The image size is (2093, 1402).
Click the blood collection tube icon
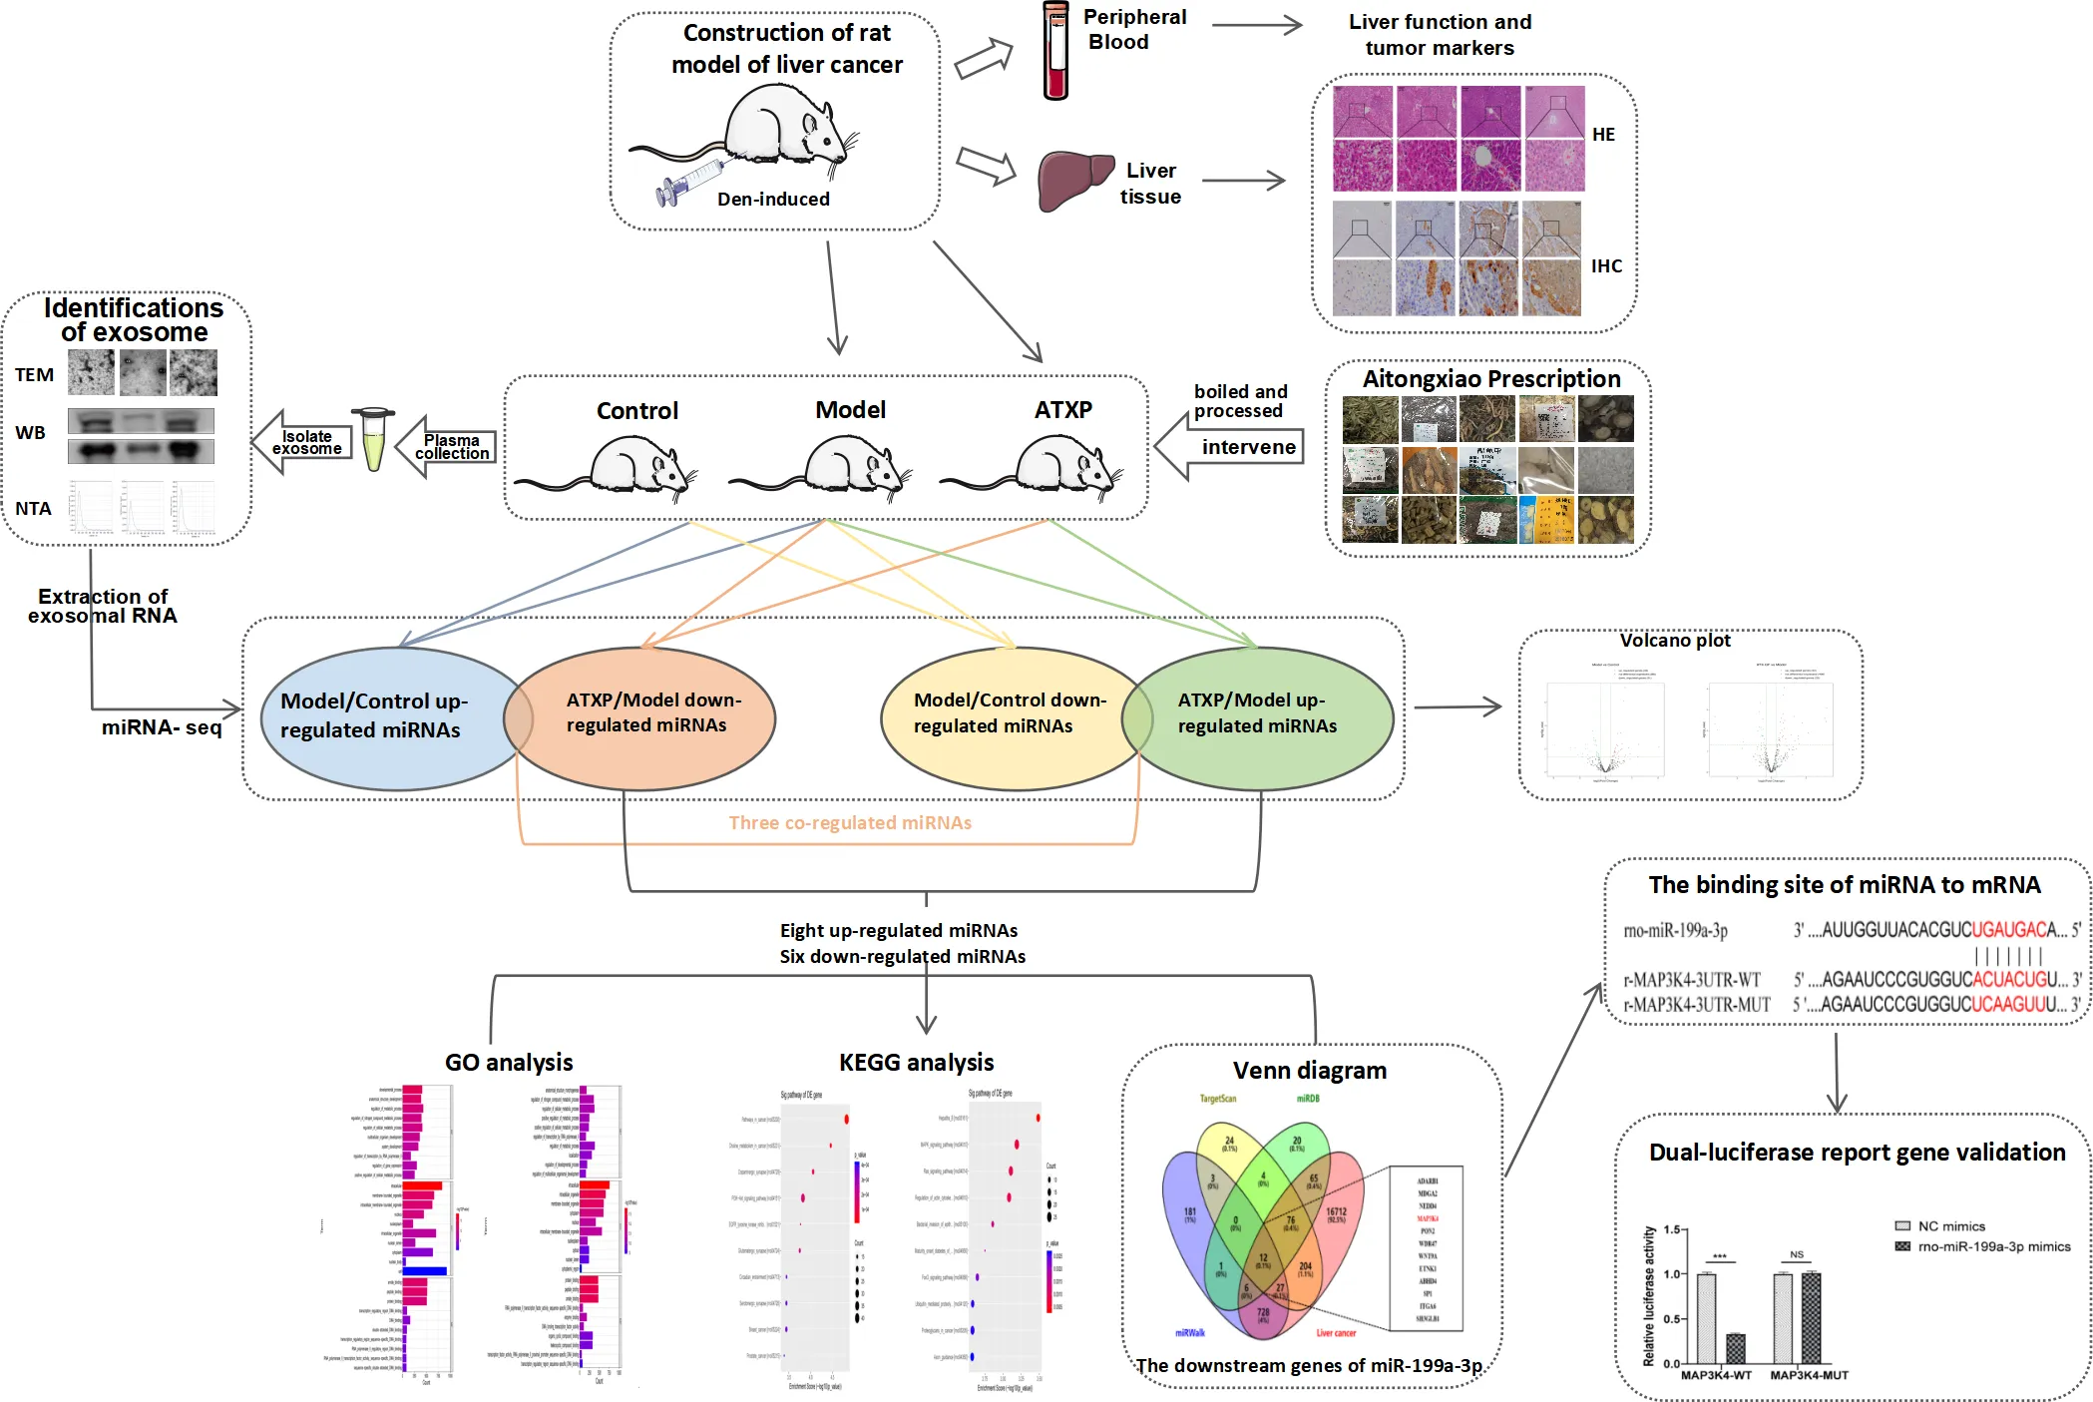[1055, 50]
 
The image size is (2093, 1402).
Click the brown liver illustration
[1073, 180]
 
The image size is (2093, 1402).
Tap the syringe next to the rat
[688, 180]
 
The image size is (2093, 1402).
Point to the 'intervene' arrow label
[1248, 447]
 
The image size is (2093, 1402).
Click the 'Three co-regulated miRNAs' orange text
[850, 823]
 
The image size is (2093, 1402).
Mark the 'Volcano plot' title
[1675, 641]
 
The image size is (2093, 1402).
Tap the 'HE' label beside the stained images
[1603, 135]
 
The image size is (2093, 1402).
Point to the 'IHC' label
[1606, 266]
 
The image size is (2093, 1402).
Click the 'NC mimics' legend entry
[1950, 1226]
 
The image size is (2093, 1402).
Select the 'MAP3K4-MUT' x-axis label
[1809, 1375]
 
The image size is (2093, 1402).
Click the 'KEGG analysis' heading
[916, 1063]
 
